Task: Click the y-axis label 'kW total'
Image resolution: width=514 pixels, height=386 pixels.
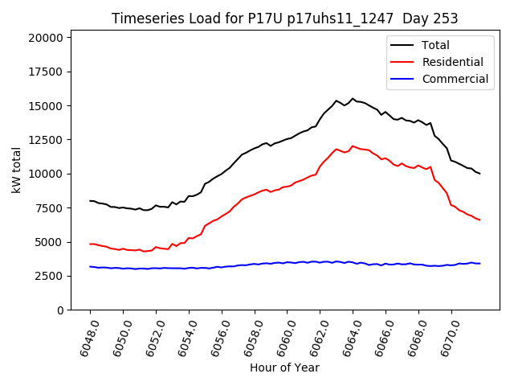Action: pyautogui.click(x=17, y=170)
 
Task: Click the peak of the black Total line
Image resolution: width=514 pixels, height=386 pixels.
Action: pyautogui.click(x=353, y=99)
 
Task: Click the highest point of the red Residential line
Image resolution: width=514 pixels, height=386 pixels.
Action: pyautogui.click(x=353, y=146)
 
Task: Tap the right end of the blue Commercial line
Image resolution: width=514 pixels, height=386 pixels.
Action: pyautogui.click(x=480, y=263)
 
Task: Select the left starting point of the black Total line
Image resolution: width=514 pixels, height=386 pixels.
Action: pyautogui.click(x=90, y=201)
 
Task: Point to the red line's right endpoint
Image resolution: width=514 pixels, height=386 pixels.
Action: pyautogui.click(x=480, y=220)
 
